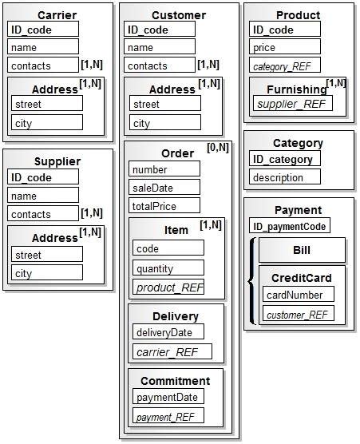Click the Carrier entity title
coord(57,14)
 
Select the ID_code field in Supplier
coord(43,177)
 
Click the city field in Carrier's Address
coord(47,122)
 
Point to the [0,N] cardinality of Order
coord(218,148)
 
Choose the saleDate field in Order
coord(164,188)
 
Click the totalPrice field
coord(164,206)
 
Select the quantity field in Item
coord(169,268)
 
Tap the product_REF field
coord(169,287)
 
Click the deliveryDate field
coord(168,332)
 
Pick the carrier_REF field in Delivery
coord(172,351)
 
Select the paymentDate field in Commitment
coord(168,397)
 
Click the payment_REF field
coord(168,416)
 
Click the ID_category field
coord(285,159)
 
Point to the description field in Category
coord(285,177)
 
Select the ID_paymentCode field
coord(289,226)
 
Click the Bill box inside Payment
coord(302,250)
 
